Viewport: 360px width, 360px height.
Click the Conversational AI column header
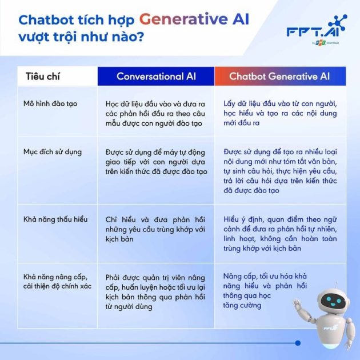point(156,76)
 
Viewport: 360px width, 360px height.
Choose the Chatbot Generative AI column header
point(279,76)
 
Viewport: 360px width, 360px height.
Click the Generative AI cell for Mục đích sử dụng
point(280,171)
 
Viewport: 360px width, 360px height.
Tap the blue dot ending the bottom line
point(297,343)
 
